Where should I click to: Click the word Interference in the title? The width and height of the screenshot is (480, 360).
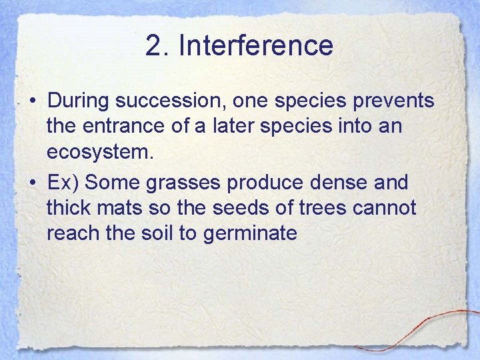pos(256,45)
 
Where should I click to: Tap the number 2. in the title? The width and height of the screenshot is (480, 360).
pos(157,45)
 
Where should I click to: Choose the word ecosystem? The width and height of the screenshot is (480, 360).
pos(100,153)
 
